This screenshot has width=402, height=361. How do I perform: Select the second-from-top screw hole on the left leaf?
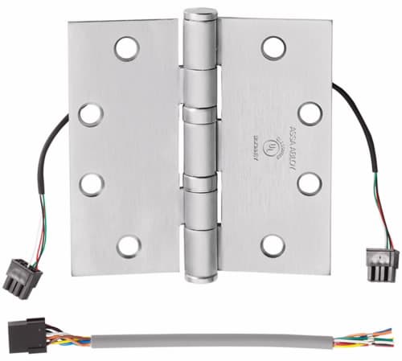click(x=90, y=113)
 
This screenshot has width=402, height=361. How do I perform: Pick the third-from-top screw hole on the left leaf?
click(x=90, y=184)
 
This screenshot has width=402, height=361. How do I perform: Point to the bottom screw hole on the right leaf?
click(x=274, y=244)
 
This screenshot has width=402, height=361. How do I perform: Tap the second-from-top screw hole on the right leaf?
click(x=309, y=112)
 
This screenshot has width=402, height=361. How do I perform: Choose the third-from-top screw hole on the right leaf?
click(x=309, y=183)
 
